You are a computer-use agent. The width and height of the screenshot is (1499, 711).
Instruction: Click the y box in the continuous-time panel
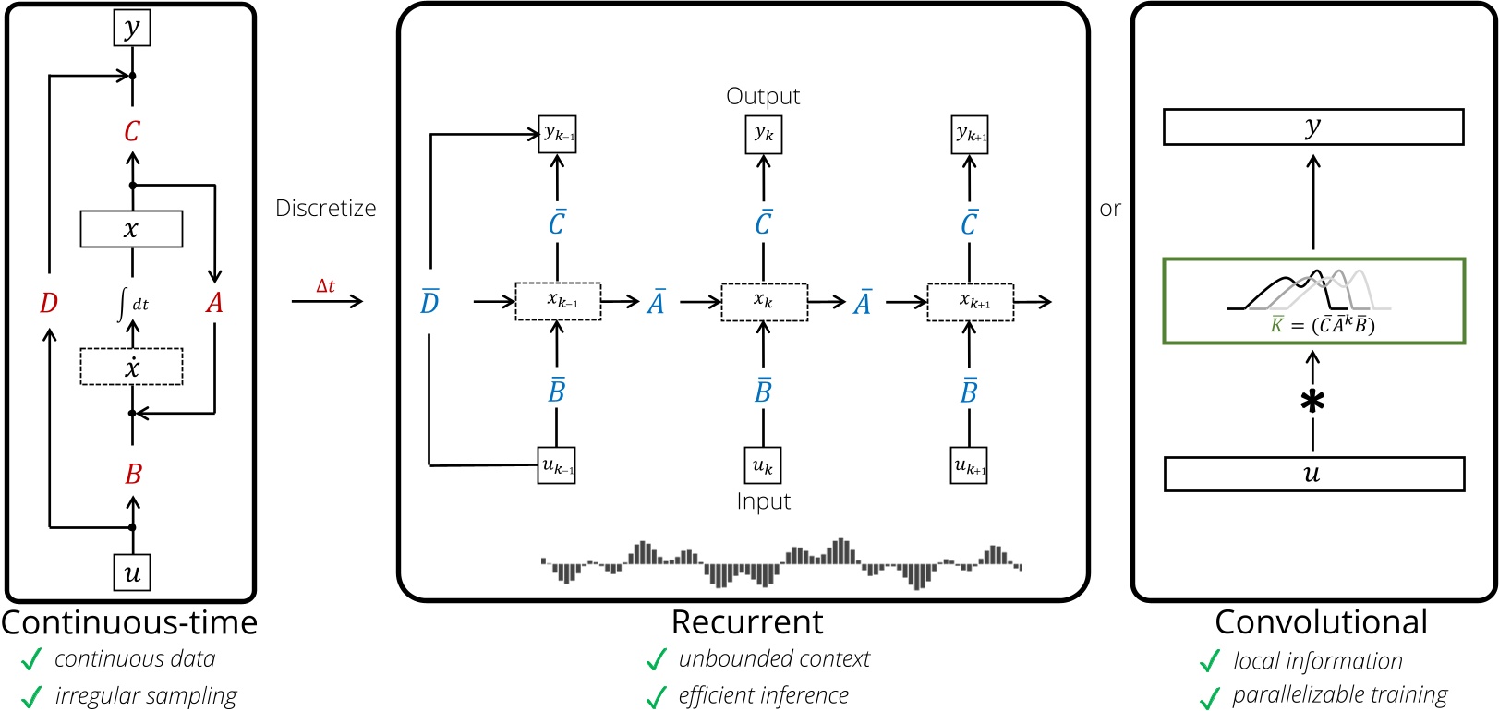[x=132, y=28]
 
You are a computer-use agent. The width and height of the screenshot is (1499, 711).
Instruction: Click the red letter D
[x=49, y=303]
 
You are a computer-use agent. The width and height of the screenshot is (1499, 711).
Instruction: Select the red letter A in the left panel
[x=214, y=303]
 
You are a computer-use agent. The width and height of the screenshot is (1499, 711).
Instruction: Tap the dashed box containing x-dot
[x=131, y=367]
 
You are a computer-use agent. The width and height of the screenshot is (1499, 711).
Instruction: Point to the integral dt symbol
[x=131, y=303]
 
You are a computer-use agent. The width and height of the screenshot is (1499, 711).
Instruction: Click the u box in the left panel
[x=132, y=572]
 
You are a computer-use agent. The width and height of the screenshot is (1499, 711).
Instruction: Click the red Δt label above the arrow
[x=326, y=285]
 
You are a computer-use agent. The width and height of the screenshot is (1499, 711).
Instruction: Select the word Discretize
[x=326, y=209]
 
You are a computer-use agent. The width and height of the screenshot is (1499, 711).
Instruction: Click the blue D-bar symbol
[x=429, y=302]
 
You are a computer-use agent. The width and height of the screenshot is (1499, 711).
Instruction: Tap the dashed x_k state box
[x=764, y=302]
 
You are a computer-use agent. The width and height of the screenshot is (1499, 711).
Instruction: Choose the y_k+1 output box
[x=970, y=135]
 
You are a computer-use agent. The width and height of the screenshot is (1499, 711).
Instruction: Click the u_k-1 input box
[x=557, y=465]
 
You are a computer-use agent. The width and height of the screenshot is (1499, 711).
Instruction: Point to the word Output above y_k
[x=763, y=96]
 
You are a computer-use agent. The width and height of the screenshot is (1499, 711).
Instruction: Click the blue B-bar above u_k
[x=763, y=391]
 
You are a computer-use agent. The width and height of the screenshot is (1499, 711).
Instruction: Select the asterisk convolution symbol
[x=1312, y=401]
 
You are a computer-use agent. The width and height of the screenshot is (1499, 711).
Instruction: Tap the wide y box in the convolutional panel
[x=1313, y=127]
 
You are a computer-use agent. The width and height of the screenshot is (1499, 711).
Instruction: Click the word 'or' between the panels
[x=1110, y=210]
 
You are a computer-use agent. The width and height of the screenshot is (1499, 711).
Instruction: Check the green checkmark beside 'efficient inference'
[x=656, y=697]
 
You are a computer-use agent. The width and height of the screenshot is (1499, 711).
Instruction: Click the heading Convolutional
[x=1321, y=622]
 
